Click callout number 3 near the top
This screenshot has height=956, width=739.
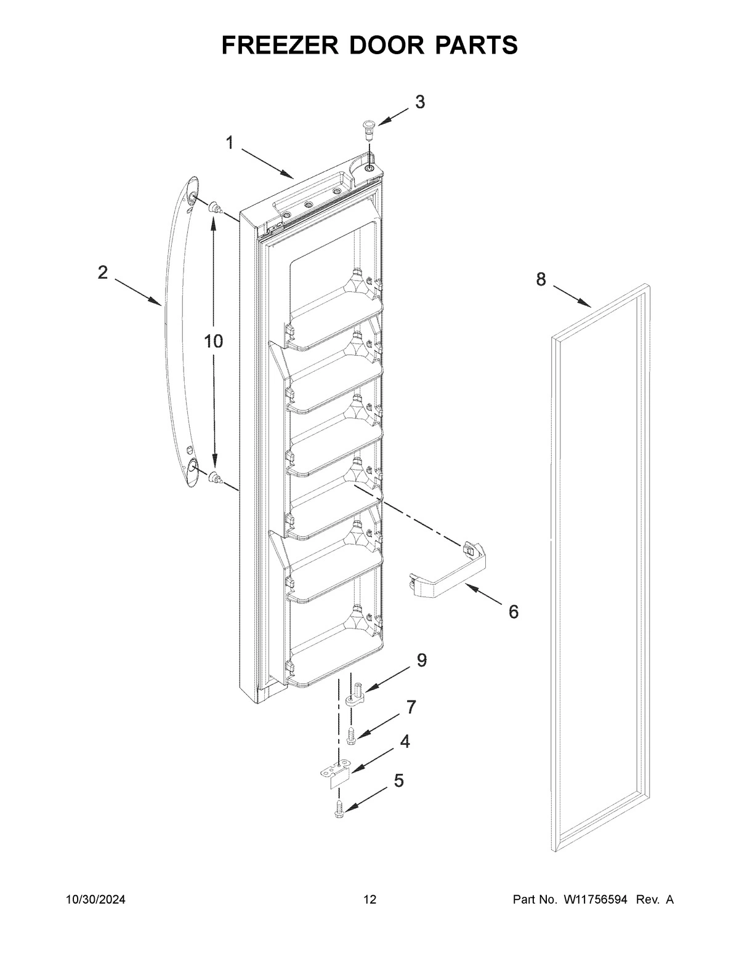(x=419, y=102)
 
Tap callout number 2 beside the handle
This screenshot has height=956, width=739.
(x=102, y=272)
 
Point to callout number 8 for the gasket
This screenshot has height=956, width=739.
(x=541, y=280)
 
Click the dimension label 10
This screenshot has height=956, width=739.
(x=213, y=342)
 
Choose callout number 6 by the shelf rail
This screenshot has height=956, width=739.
(x=513, y=611)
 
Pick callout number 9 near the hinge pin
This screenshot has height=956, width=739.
(x=421, y=661)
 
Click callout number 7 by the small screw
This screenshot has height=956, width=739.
(x=411, y=707)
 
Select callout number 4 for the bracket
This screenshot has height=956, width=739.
(x=405, y=742)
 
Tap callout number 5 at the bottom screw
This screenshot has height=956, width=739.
(x=398, y=781)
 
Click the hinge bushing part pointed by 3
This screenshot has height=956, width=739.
(x=368, y=127)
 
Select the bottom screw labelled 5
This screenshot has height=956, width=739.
(x=338, y=808)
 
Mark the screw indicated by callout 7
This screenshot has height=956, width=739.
(x=351, y=734)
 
